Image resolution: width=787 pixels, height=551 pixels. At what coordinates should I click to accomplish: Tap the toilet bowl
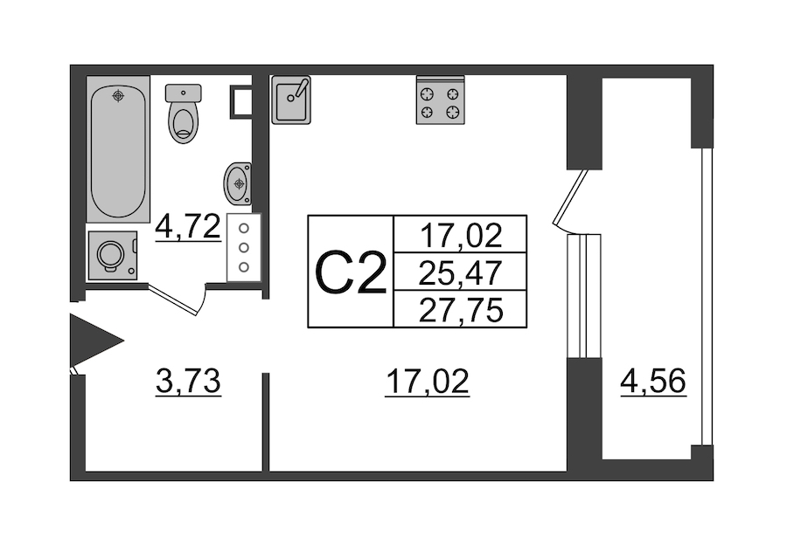point(184,115)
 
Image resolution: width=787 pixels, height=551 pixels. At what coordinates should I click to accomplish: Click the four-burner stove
point(439,101)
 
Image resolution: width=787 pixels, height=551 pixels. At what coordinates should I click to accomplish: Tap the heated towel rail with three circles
point(244,247)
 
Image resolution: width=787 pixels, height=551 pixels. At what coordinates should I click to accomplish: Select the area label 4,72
point(187,229)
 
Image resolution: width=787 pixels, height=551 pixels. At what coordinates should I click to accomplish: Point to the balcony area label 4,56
point(653,382)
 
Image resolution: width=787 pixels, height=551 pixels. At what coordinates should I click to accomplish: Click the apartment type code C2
point(351,272)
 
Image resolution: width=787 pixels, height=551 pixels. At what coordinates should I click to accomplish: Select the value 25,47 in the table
point(460,272)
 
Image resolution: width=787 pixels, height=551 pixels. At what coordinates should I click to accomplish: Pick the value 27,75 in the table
point(460,310)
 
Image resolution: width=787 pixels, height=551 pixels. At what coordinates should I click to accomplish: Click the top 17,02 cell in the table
point(460,235)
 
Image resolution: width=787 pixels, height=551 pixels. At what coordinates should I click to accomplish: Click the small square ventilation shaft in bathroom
point(240,101)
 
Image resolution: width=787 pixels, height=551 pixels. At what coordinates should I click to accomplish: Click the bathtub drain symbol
point(118,94)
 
